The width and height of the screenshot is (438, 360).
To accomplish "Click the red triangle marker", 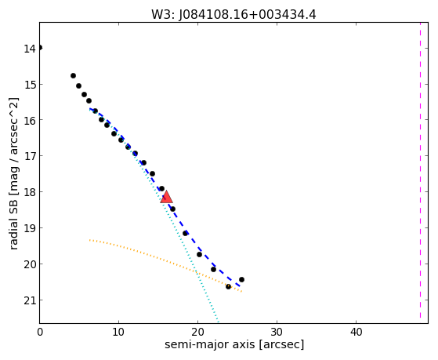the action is pyautogui.click(x=166, y=197).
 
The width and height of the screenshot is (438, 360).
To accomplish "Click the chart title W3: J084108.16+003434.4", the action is pyautogui.click(x=233, y=15).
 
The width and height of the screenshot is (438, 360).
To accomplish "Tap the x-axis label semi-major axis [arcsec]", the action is pyautogui.click(x=234, y=344).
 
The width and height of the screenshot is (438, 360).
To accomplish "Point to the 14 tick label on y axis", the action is pyautogui.click(x=30, y=49).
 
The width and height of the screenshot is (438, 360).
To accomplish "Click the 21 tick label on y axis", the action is pyautogui.click(x=30, y=300).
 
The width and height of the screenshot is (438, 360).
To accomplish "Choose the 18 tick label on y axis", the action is pyautogui.click(x=30, y=192).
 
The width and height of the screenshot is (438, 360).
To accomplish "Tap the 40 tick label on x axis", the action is pyautogui.click(x=356, y=333).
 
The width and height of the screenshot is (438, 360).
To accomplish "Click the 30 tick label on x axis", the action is pyautogui.click(x=277, y=333).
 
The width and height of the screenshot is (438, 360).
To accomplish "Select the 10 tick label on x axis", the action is pyautogui.click(x=118, y=333).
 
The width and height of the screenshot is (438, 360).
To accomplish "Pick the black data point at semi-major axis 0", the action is pyautogui.click(x=40, y=48).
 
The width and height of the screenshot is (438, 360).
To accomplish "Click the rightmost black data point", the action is pyautogui.click(x=241, y=279).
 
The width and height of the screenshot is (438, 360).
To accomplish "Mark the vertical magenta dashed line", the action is pyautogui.click(x=420, y=170).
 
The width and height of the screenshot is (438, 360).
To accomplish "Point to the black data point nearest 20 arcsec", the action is pyautogui.click(x=199, y=254).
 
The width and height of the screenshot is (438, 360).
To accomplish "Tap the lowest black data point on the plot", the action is pyautogui.click(x=228, y=286).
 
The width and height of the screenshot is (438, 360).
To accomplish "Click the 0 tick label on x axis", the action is pyautogui.click(x=40, y=333).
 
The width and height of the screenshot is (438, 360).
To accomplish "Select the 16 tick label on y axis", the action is pyautogui.click(x=30, y=120).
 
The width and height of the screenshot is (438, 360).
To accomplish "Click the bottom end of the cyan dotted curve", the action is pyautogui.click(x=218, y=322).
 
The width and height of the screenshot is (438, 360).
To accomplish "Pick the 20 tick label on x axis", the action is pyautogui.click(x=197, y=333).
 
